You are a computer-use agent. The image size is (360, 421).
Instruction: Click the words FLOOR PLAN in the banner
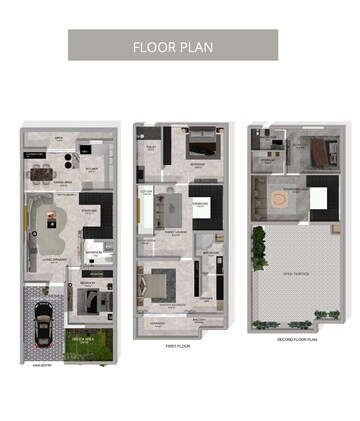(x=173, y=46)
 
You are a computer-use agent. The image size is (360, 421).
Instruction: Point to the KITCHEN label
(x=89, y=171)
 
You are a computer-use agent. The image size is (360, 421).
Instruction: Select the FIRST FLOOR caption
(x=177, y=346)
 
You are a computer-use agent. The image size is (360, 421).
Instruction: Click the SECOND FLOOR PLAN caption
(x=297, y=339)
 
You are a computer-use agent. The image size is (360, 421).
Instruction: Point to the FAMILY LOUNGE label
(x=179, y=232)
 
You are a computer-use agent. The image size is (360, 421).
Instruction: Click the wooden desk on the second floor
(x=319, y=152)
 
